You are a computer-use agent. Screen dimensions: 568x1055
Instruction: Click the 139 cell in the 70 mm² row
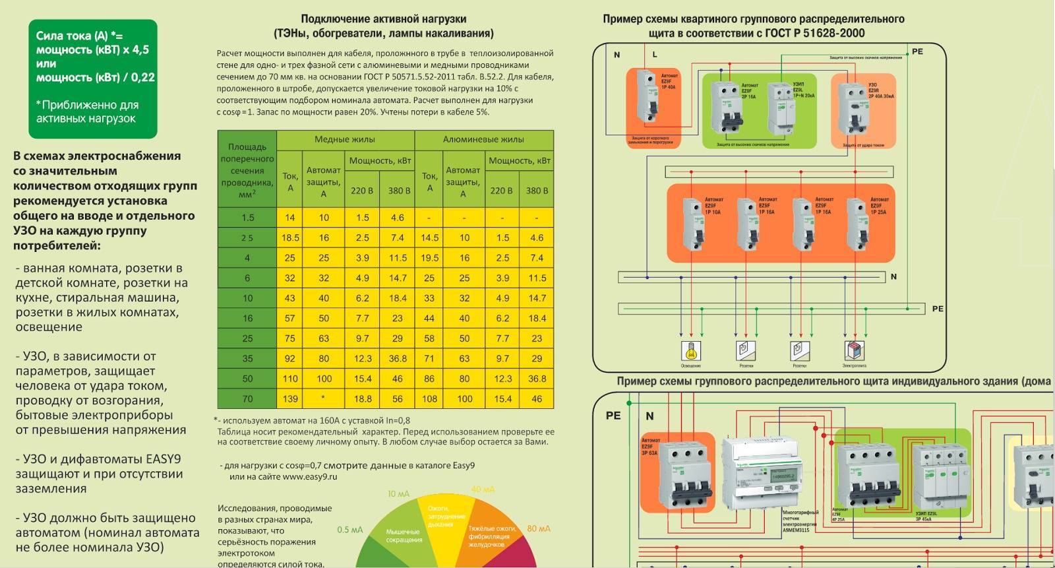(x=290, y=398)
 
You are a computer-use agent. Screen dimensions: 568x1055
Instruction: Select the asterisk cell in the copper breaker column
(x=323, y=398)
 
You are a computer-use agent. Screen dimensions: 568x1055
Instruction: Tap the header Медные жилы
(x=344, y=139)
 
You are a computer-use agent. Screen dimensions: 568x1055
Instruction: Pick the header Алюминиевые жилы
(x=483, y=139)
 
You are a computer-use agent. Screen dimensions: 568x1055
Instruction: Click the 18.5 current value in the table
(x=290, y=237)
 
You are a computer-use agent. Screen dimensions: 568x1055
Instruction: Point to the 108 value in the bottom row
(x=429, y=398)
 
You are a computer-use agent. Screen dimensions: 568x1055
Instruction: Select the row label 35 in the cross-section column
(x=247, y=358)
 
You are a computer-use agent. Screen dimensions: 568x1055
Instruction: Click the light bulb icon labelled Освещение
(x=690, y=350)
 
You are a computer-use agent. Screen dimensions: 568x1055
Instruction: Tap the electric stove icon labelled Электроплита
(x=854, y=350)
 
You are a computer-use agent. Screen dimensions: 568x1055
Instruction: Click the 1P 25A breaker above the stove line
(x=857, y=224)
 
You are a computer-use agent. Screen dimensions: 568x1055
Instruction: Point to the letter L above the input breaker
(x=655, y=55)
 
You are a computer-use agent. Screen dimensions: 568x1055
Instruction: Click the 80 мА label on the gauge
(x=539, y=528)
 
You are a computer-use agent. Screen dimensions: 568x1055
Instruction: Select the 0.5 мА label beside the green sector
(x=350, y=530)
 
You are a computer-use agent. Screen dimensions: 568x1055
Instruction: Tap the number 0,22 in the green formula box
(x=142, y=77)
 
